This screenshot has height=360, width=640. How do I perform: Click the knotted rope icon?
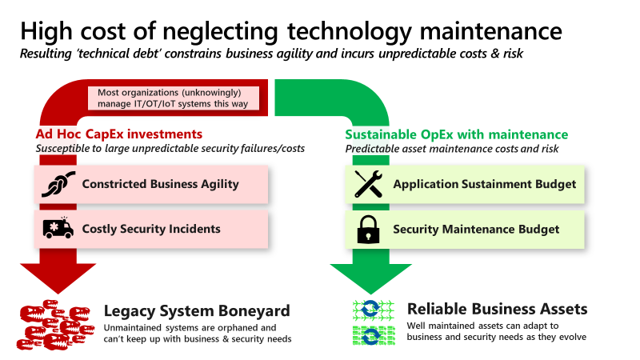click(58, 184)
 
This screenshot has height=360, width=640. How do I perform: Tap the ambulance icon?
click(58, 229)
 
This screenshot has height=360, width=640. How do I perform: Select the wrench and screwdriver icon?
click(369, 184)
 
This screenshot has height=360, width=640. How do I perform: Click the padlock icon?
click(369, 229)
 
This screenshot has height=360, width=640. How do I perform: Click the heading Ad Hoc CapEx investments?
click(118, 134)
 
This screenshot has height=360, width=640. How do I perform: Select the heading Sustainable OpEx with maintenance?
click(456, 134)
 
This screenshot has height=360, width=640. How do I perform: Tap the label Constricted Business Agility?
click(161, 184)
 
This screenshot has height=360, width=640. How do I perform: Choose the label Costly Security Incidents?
click(151, 229)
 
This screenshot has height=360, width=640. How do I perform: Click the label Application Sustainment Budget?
click(484, 184)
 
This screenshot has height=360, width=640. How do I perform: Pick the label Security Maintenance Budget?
click(476, 229)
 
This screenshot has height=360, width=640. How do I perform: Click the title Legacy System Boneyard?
click(197, 310)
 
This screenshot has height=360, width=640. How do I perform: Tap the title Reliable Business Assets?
click(497, 309)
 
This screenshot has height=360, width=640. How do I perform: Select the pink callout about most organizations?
click(173, 98)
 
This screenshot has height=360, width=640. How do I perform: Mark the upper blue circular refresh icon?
click(371, 310)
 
